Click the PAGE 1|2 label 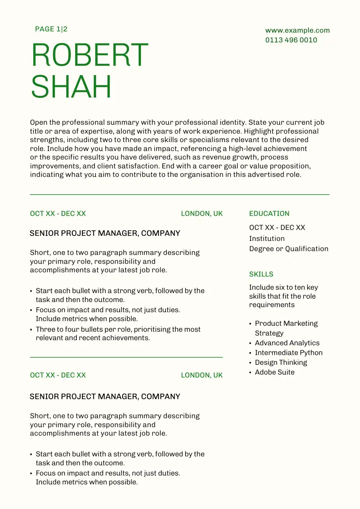click(51, 29)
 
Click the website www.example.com click(297, 31)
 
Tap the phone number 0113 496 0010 click(291, 40)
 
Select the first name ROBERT click(90, 56)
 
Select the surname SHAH click(71, 87)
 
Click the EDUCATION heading click(269, 214)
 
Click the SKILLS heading click(261, 274)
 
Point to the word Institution click(267, 239)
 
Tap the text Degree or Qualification click(289, 249)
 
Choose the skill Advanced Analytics click(287, 343)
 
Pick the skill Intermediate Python click(289, 353)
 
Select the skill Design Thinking click(281, 363)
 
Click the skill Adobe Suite click(274, 372)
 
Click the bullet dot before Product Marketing click(250, 324)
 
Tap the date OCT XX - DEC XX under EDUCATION click(277, 228)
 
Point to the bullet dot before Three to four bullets click(31, 330)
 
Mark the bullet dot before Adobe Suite click(250, 373)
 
